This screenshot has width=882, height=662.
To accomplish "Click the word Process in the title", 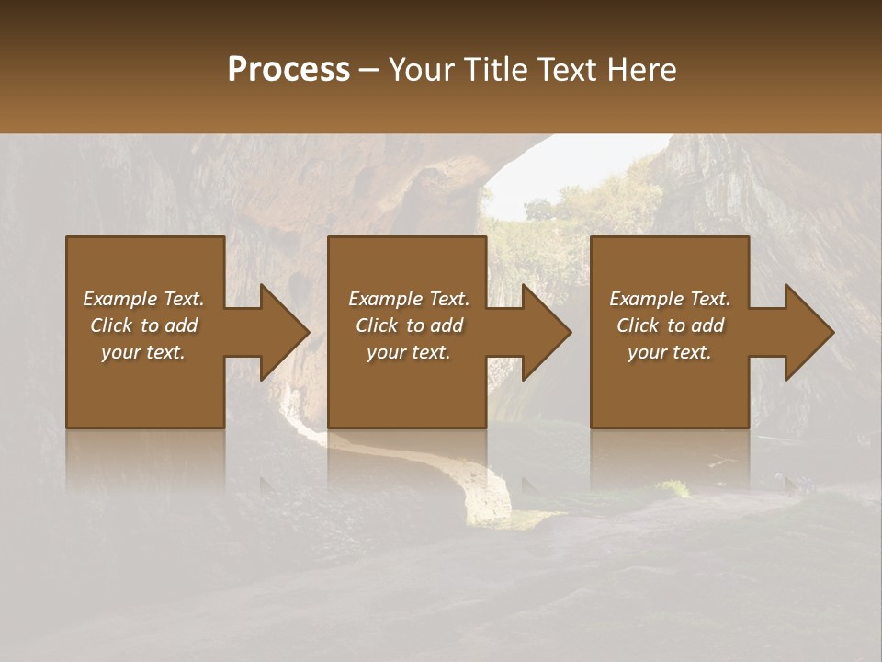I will (x=288, y=70).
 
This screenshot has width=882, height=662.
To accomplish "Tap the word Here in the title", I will (x=641, y=70).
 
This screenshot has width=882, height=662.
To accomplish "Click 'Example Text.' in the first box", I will (x=143, y=299).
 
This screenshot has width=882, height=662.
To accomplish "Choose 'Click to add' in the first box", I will (x=143, y=325).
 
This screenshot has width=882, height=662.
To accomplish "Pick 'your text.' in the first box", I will (x=143, y=352).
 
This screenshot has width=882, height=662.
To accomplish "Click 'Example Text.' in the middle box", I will (x=409, y=299).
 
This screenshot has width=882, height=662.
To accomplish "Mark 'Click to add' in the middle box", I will (x=409, y=325).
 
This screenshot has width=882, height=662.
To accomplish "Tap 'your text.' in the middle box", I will (x=409, y=352).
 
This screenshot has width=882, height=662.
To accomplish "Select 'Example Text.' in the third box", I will (x=670, y=299).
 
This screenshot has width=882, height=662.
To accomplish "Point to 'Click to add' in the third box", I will (x=670, y=325).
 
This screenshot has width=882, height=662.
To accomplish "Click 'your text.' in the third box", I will (x=670, y=352).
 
